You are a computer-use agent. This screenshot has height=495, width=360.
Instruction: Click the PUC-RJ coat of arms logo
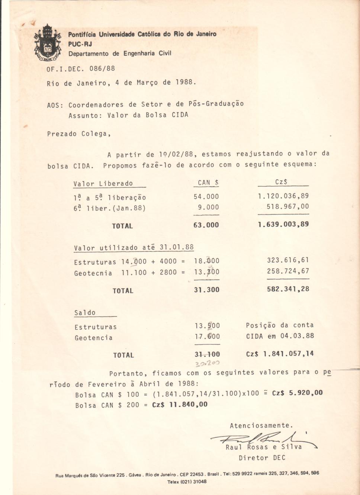[x=47, y=43]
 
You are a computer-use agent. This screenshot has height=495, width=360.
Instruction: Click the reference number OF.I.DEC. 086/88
[x=81, y=69]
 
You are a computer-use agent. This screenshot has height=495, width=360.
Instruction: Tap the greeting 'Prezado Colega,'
[x=79, y=134]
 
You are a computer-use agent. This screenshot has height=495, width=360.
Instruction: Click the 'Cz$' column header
[x=281, y=182]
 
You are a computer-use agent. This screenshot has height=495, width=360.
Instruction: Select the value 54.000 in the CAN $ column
[x=206, y=197]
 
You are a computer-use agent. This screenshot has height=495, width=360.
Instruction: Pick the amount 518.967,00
[x=287, y=207]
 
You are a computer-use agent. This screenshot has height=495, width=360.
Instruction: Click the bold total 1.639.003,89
[x=283, y=224]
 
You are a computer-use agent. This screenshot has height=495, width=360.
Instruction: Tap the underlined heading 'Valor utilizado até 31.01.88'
[x=134, y=248]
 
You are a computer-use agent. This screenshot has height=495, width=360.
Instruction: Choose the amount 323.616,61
[x=288, y=260]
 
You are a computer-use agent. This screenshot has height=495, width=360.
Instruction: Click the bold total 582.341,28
[x=288, y=289]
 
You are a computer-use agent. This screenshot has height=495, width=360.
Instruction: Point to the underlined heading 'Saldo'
[x=85, y=313]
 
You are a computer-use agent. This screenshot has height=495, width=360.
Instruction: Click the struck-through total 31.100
[x=207, y=354]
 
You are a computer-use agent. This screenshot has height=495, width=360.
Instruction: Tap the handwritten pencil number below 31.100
[x=208, y=363]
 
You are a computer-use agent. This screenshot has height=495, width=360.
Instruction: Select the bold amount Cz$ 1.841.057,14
[x=280, y=354]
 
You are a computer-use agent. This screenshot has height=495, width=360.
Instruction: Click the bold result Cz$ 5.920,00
[x=297, y=393]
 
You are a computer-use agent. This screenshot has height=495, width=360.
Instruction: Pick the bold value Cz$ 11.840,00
[x=180, y=405]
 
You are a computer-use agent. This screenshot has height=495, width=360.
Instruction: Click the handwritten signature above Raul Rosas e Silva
[x=260, y=439]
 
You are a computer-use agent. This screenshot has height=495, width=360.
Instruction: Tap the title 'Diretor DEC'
[x=262, y=458]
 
